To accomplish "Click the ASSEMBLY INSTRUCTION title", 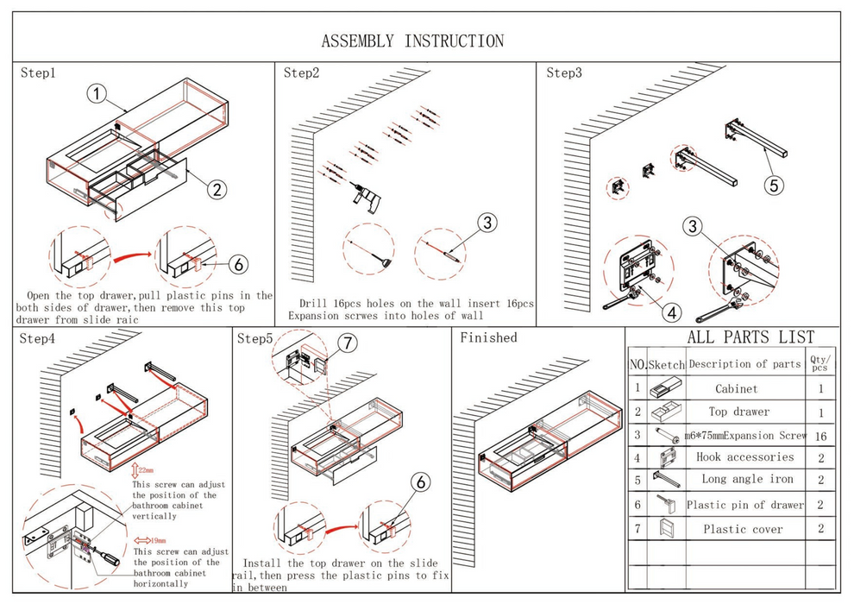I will (412, 41).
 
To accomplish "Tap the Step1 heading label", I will (38, 73).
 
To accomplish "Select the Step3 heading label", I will (564, 73).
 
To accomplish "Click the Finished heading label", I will (488, 337).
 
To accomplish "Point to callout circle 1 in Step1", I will (97, 93).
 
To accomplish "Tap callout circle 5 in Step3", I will (774, 183).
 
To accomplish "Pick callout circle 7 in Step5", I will (347, 343).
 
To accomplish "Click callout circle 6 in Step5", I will (420, 483).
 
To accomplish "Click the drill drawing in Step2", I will (366, 198).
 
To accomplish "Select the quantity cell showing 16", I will (820, 437).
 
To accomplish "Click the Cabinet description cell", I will (736, 389).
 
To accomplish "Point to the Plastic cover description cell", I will (743, 529).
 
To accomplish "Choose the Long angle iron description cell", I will (747, 480).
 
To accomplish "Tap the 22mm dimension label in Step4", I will (146, 471).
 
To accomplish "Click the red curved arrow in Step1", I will (128, 254).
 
